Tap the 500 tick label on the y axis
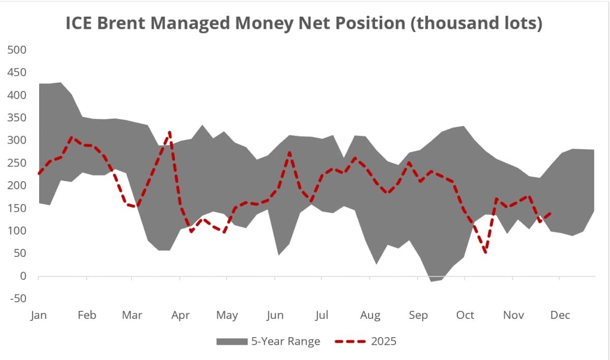17,50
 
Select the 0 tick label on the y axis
23,276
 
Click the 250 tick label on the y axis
17,163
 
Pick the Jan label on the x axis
39,315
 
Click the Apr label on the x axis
180,315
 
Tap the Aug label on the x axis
370,315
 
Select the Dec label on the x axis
560,315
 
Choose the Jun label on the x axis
275,315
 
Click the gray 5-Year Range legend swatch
231,341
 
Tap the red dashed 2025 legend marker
350,341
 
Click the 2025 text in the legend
384,341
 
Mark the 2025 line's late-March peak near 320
169,132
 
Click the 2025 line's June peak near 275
289,152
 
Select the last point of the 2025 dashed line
552,213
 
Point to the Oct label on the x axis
465,315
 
